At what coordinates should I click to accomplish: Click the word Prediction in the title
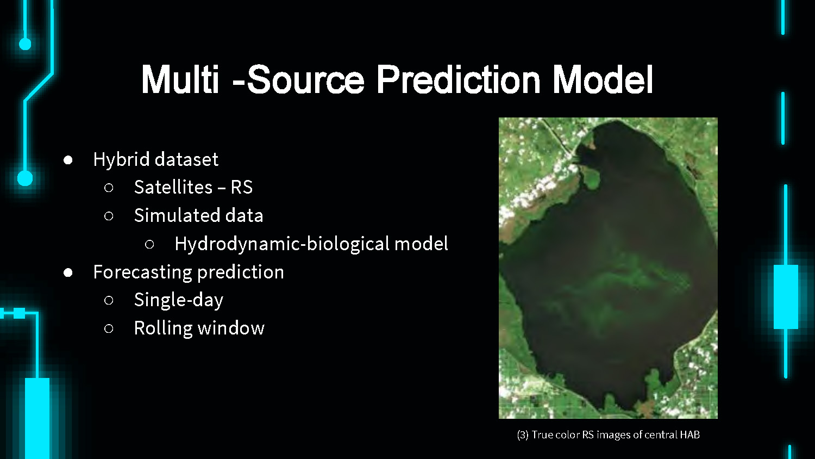tap(459, 79)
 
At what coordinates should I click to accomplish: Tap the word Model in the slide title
tap(603, 79)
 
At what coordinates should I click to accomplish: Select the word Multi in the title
tap(180, 79)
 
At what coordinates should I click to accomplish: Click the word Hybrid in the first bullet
tap(122, 160)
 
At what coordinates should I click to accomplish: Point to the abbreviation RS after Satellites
tap(242, 187)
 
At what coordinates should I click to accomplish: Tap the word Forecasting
tap(142, 272)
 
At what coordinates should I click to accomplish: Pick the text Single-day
tap(179, 301)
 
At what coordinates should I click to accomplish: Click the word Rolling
tap(164, 328)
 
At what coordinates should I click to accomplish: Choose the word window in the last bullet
tap(231, 328)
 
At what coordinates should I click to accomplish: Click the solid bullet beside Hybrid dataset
tap(68, 160)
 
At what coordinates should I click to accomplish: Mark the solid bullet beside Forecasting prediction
tap(68, 273)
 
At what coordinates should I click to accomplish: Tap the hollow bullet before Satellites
tap(109, 188)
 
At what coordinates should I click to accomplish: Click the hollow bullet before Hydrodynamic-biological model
tap(149, 244)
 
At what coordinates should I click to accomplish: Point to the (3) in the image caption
tap(523, 435)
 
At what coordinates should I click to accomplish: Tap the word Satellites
tap(173, 187)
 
